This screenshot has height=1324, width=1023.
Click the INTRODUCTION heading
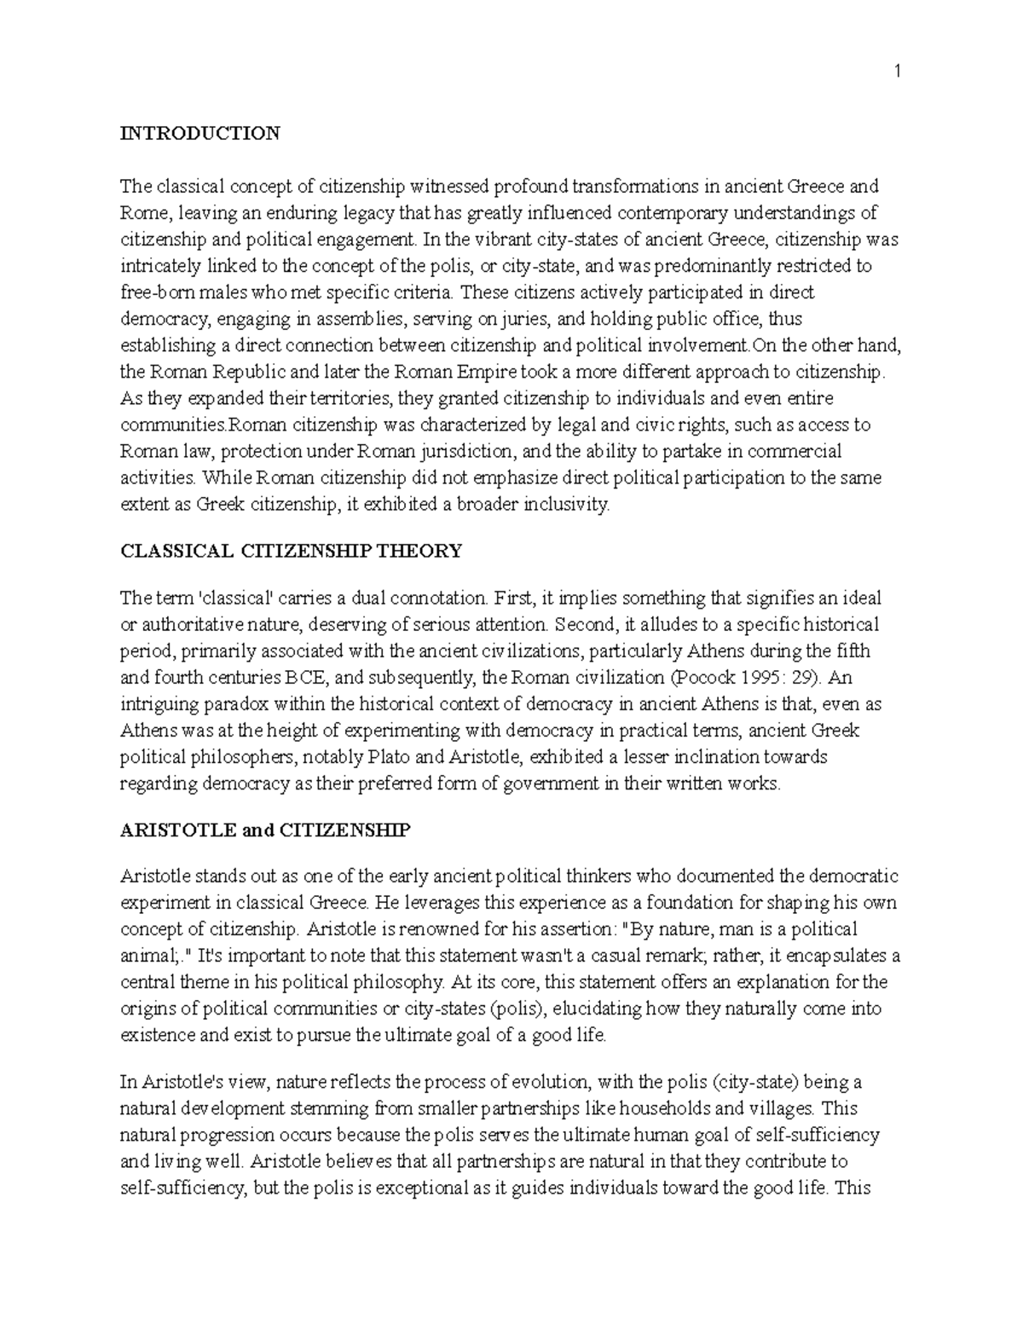click(199, 133)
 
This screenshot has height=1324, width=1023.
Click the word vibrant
click(494, 240)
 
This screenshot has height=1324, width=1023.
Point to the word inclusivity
click(570, 505)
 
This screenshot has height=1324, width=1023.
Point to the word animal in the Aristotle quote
click(147, 956)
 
